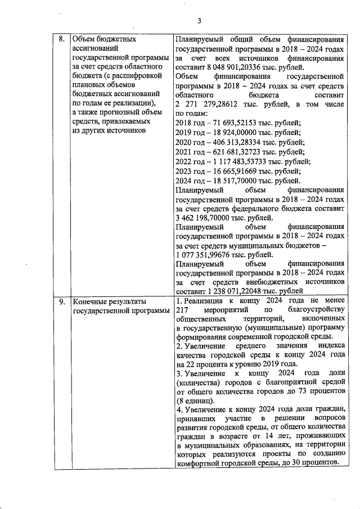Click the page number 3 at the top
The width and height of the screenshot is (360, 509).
click(199, 21)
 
